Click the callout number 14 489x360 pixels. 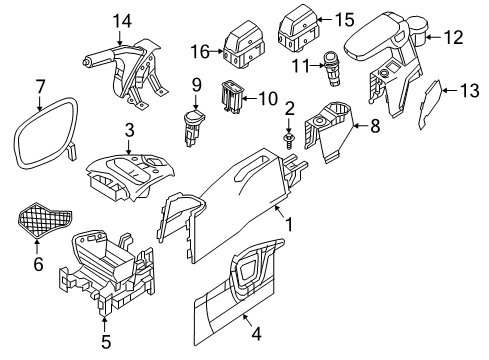click(122, 21)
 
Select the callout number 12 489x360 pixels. click(453, 38)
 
